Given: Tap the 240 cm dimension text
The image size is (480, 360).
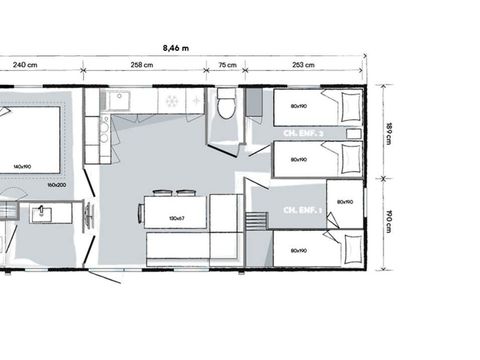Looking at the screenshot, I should [x=25, y=66].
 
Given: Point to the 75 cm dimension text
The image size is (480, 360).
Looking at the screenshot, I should [x=227, y=66].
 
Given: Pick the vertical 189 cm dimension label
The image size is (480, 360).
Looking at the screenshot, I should [x=390, y=132].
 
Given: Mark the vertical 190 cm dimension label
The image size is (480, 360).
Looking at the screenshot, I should [x=390, y=222].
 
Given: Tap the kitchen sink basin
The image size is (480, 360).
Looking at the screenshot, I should [x=120, y=100].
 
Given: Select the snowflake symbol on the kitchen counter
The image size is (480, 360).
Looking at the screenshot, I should [x=171, y=101].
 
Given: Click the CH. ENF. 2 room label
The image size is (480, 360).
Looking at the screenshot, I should [x=305, y=132].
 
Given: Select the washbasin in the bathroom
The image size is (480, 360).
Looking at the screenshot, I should [x=45, y=212].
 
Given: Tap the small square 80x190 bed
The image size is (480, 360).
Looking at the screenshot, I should [x=345, y=202].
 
